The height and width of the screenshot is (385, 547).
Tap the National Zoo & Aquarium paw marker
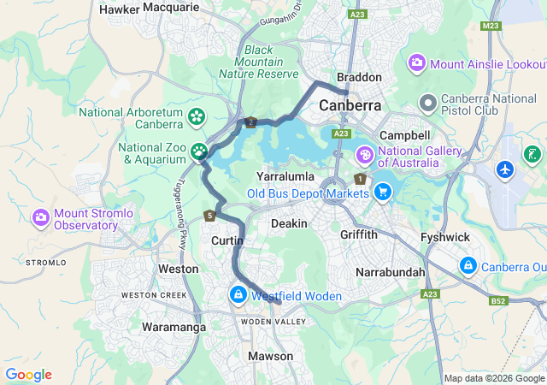[x=199, y=152]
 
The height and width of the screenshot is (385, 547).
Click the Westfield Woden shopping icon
[x=237, y=295]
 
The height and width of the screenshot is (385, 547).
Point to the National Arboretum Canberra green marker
[x=197, y=116]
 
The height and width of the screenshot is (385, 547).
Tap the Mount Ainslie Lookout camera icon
[x=417, y=62]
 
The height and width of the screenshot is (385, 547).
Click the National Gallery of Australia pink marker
[x=364, y=156]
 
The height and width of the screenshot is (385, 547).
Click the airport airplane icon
[x=505, y=169]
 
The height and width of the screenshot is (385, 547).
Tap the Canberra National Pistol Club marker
[x=428, y=104]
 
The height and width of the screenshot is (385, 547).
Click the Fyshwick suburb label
[x=445, y=236]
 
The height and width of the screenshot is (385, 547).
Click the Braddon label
[x=359, y=77]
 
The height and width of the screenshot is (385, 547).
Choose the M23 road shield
[x=490, y=27]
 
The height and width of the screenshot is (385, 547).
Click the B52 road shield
[x=498, y=301]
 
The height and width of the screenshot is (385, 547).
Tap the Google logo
[x=28, y=375]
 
